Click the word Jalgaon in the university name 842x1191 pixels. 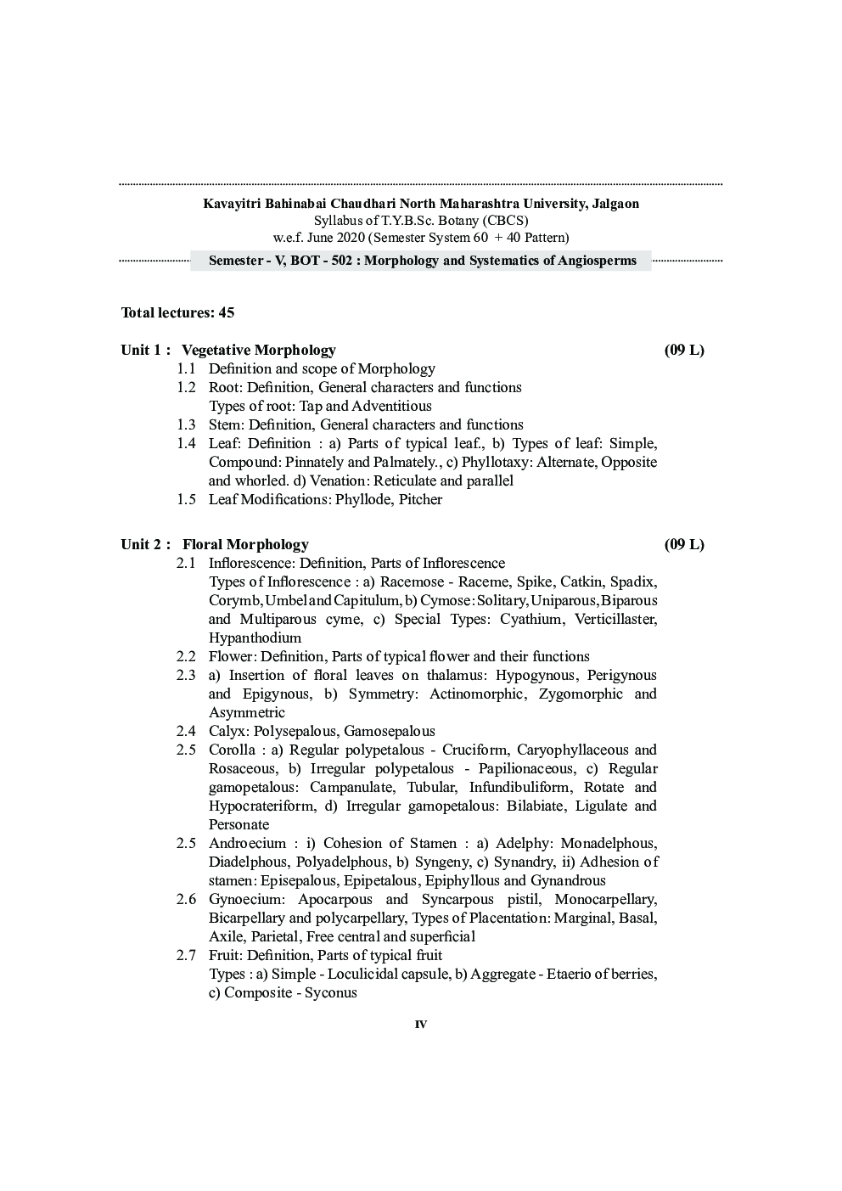click(x=613, y=204)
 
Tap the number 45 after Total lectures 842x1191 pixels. click(x=227, y=312)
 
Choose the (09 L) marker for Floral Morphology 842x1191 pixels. click(x=684, y=544)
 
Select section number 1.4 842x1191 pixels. click(x=186, y=443)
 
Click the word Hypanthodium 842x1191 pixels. click(x=255, y=638)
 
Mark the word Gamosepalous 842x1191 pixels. click(x=390, y=731)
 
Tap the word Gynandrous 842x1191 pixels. click(x=568, y=880)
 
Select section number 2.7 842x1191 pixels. click(x=186, y=955)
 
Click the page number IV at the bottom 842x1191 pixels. click(x=421, y=1025)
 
